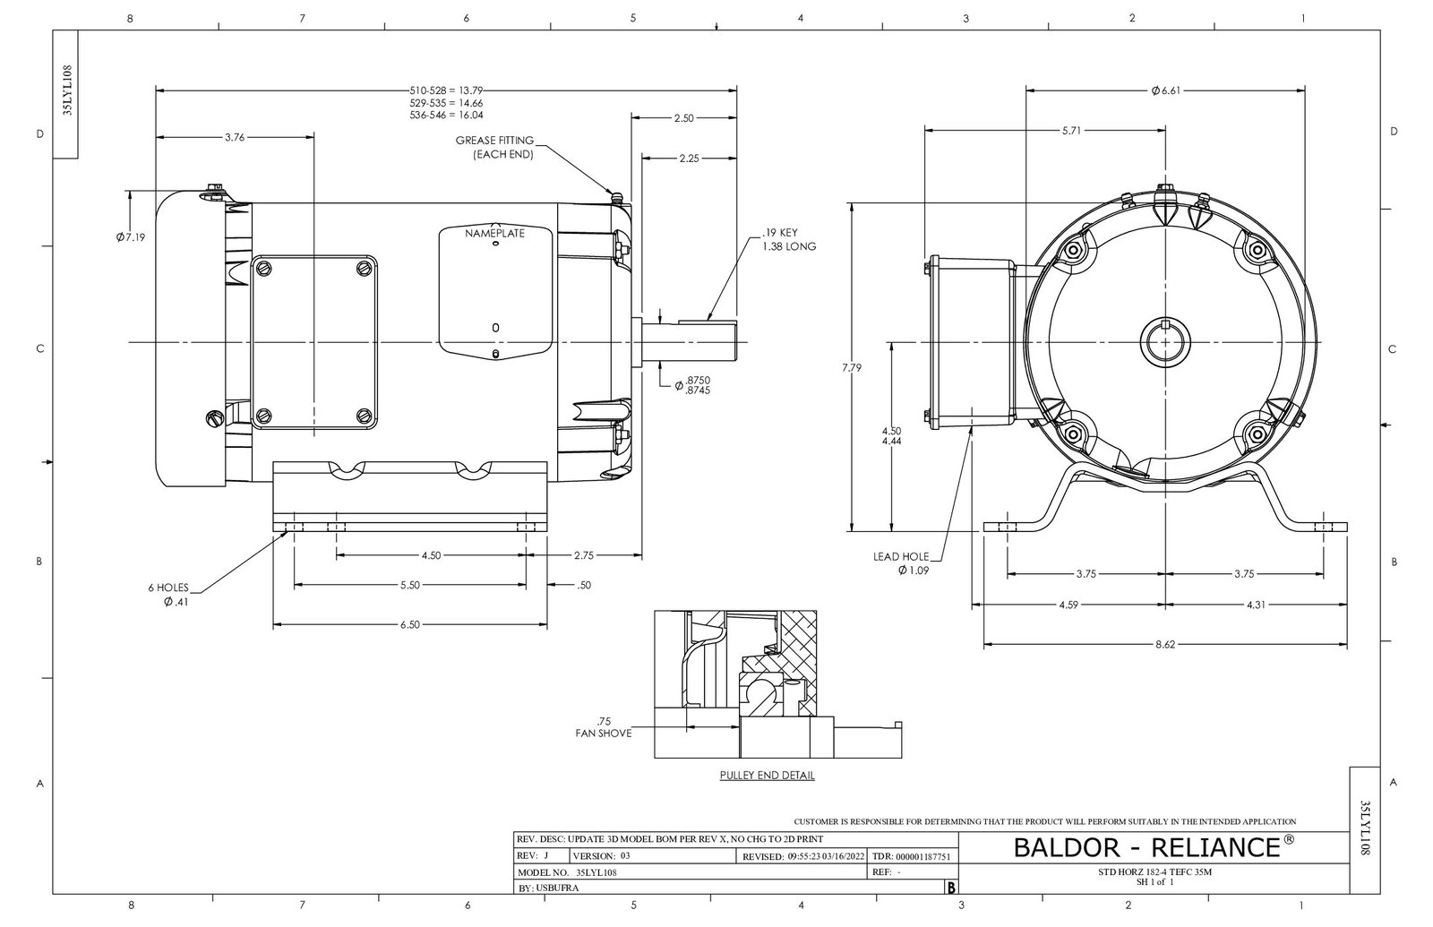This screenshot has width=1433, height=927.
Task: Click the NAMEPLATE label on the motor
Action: pos(494,233)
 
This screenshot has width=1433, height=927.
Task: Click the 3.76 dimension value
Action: pos(234,137)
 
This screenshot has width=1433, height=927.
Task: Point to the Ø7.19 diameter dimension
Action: pos(131,237)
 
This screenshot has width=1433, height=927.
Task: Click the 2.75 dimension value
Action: pos(583,555)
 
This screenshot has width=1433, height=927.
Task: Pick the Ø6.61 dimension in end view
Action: pos(1166,90)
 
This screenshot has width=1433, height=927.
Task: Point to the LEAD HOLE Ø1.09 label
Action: pos(902,562)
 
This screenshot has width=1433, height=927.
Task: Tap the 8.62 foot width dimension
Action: pos(1164,644)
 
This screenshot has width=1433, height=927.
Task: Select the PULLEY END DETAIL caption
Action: pos(767,776)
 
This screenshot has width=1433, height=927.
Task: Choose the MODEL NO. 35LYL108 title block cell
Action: pos(568,871)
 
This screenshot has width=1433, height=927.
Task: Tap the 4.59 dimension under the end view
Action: pos(1068,605)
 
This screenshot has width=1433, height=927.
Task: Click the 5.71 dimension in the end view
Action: pos(1071,130)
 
